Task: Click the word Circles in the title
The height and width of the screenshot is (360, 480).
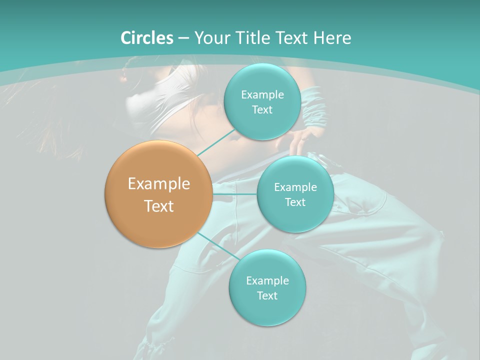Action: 147,38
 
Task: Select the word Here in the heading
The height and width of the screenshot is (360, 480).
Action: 332,38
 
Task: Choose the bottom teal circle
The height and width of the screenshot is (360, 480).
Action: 267,310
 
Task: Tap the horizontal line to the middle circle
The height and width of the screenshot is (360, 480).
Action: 234,194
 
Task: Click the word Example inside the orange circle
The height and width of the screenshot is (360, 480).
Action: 159,184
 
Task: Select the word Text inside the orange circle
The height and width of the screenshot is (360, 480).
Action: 159,206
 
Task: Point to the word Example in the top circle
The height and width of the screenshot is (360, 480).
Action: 262,95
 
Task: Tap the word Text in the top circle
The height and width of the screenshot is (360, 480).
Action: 262,110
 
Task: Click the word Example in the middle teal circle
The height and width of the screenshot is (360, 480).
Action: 295,187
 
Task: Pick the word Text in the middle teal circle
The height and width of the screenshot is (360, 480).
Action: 295,202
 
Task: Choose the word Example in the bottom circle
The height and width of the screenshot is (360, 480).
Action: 267,281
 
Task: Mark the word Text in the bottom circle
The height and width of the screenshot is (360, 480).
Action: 267,296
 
